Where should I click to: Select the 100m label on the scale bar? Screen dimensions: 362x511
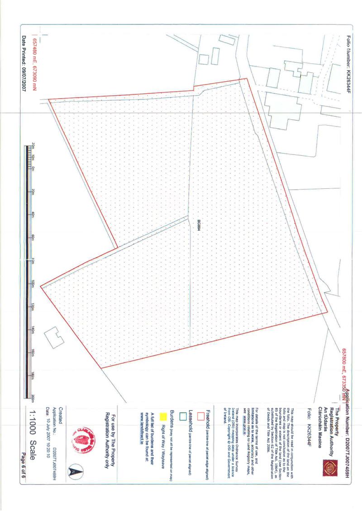click(33, 283)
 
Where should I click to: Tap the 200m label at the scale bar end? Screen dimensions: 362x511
click(33, 398)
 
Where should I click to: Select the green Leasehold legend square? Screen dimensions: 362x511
click(183, 417)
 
